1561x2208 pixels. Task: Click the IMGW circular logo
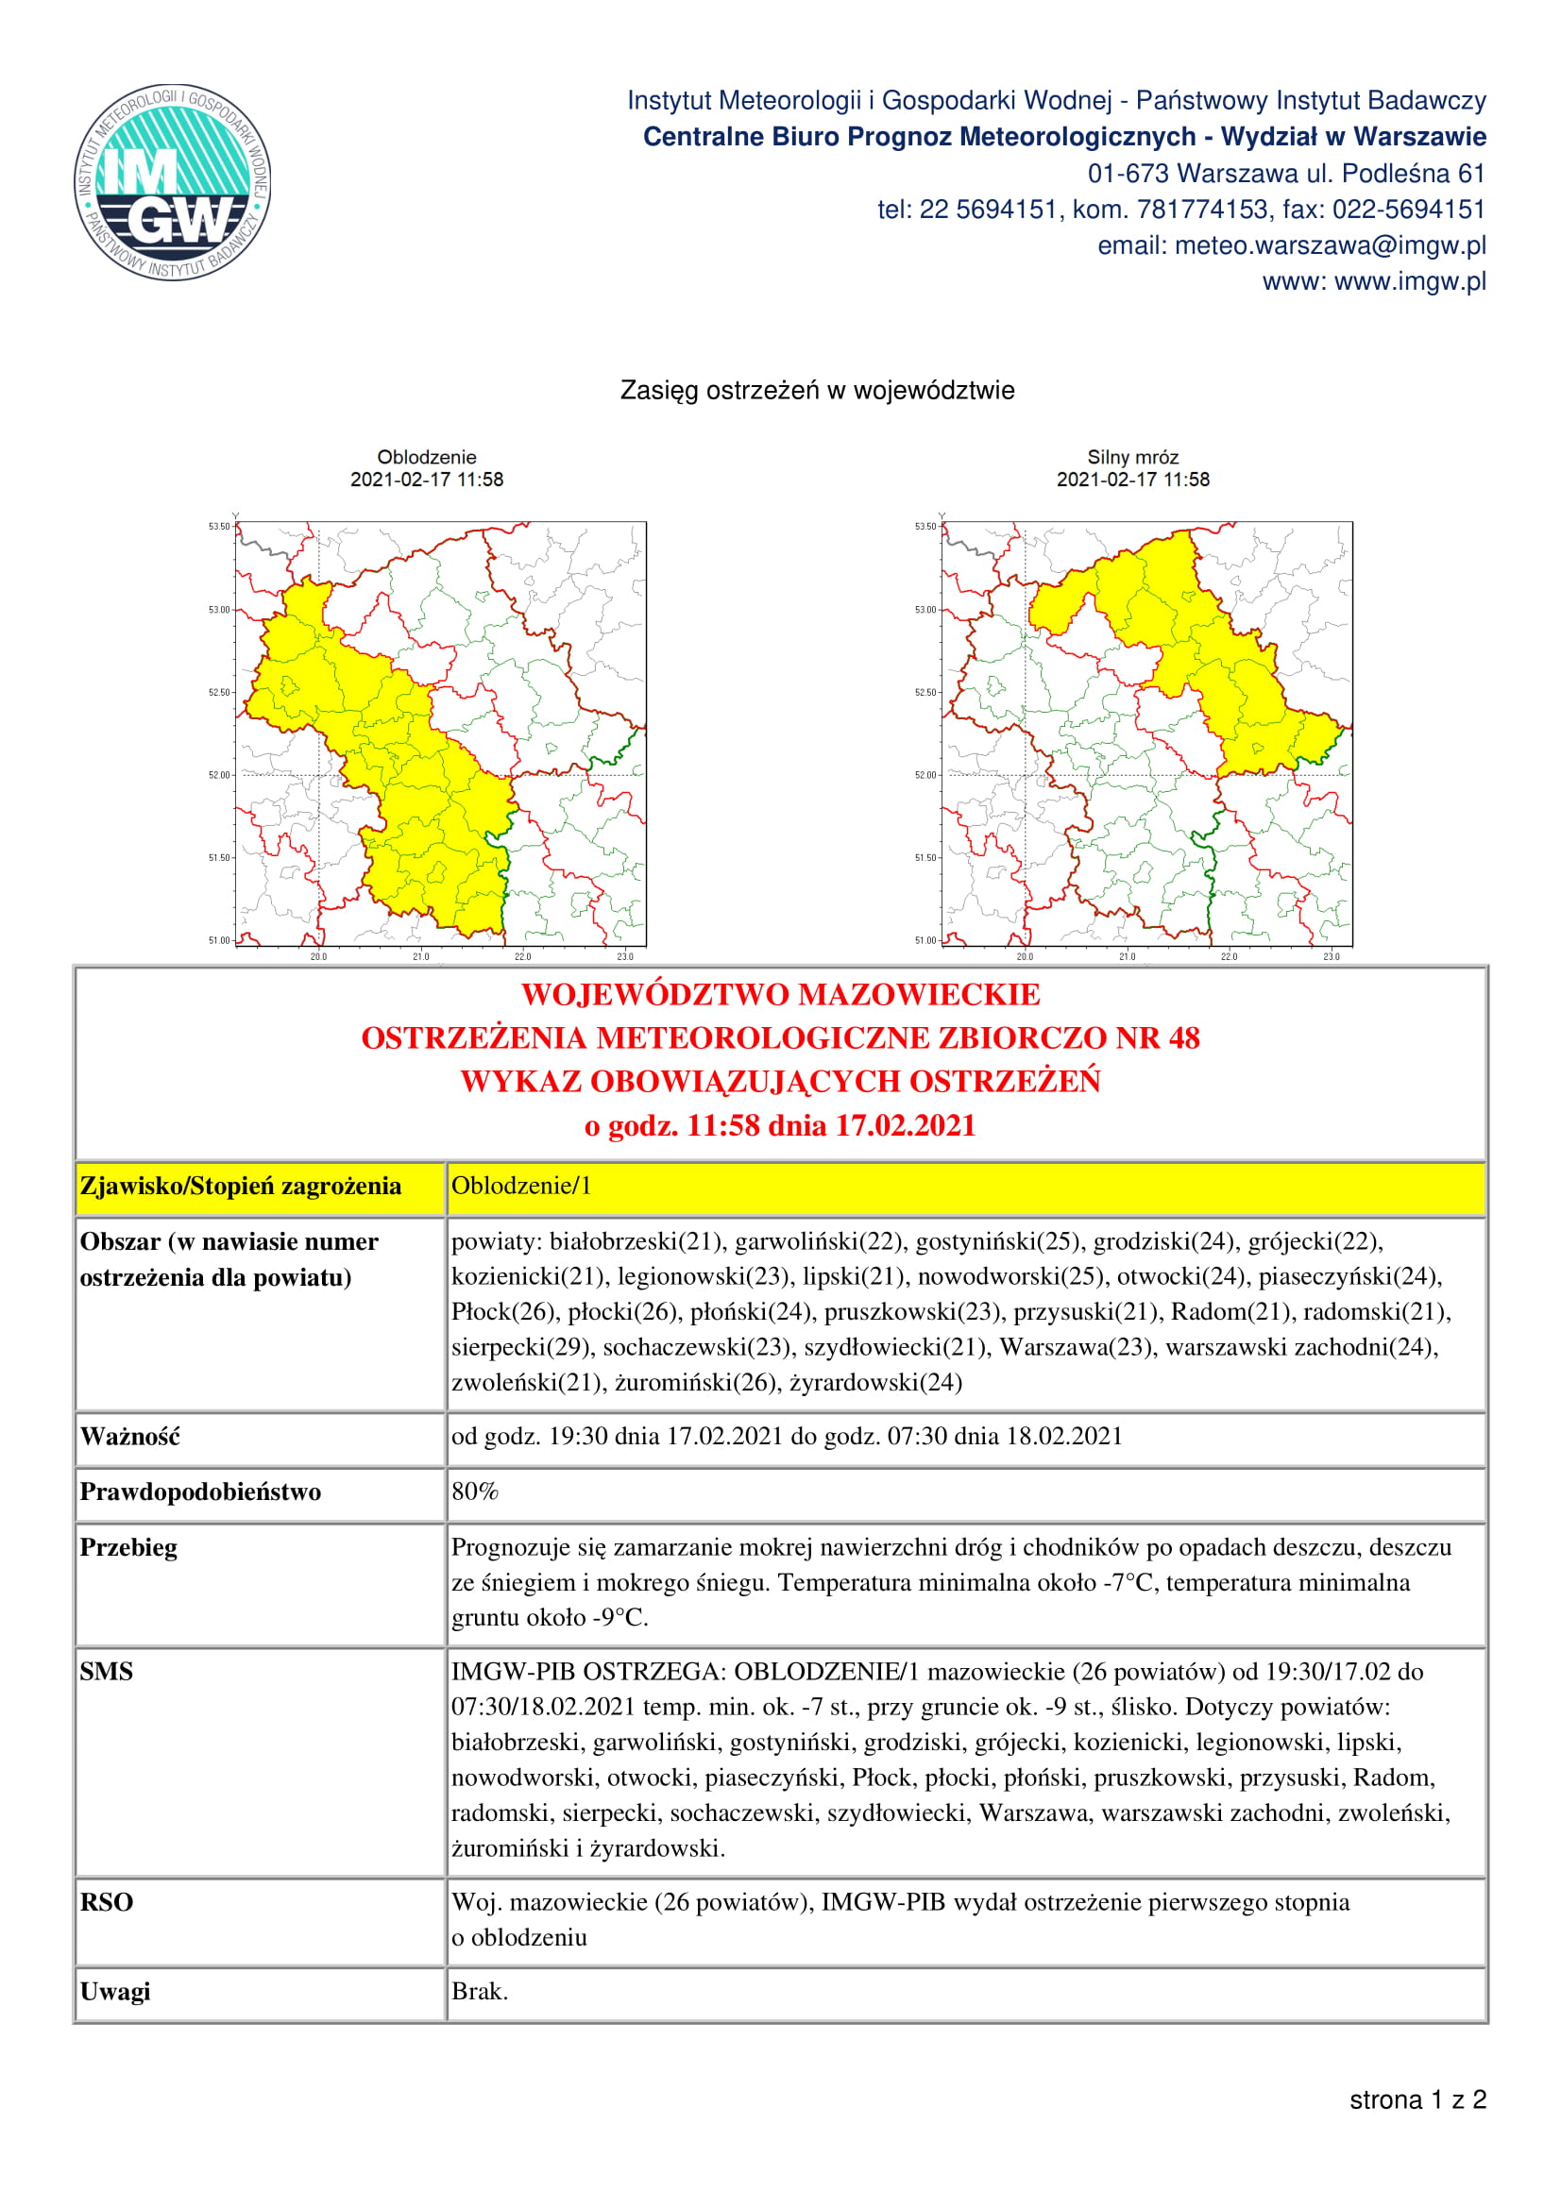pos(173,182)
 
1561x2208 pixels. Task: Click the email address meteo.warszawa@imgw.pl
pos(1291,246)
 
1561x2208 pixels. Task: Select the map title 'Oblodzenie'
pos(426,457)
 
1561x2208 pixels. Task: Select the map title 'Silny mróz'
pos(1132,457)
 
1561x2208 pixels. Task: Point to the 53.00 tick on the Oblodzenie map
pos(219,610)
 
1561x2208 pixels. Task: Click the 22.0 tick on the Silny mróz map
pos(1229,956)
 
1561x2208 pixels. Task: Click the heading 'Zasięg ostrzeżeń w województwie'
pos(817,391)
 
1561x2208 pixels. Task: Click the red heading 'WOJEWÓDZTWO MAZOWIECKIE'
pos(780,994)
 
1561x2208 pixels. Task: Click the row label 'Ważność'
pos(129,1437)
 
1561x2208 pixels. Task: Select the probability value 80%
pos(475,1492)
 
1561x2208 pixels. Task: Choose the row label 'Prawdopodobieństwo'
pos(200,1492)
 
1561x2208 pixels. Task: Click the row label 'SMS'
pos(107,1672)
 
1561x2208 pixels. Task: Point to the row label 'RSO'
pos(107,1902)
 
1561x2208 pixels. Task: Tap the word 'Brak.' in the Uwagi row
pos(480,1991)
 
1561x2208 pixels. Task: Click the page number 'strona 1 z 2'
pos(1417,2099)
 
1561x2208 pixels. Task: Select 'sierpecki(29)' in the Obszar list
pos(520,1346)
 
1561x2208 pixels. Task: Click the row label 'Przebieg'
pos(128,1547)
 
